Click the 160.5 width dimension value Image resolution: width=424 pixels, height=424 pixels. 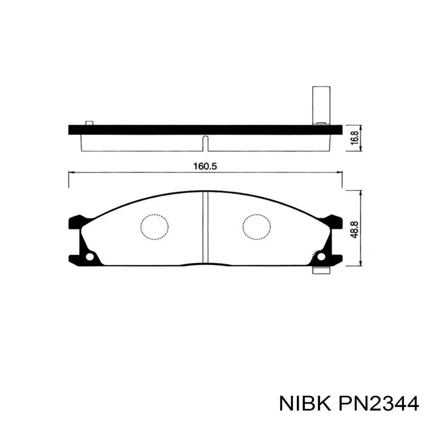(205, 166)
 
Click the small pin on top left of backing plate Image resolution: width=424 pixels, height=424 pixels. (89, 123)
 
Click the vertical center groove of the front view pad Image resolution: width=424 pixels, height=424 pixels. (205, 228)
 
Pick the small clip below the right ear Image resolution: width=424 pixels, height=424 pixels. (321, 270)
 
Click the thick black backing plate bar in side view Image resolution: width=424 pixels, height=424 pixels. (205, 130)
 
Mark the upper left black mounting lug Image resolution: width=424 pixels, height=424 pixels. (76, 222)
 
